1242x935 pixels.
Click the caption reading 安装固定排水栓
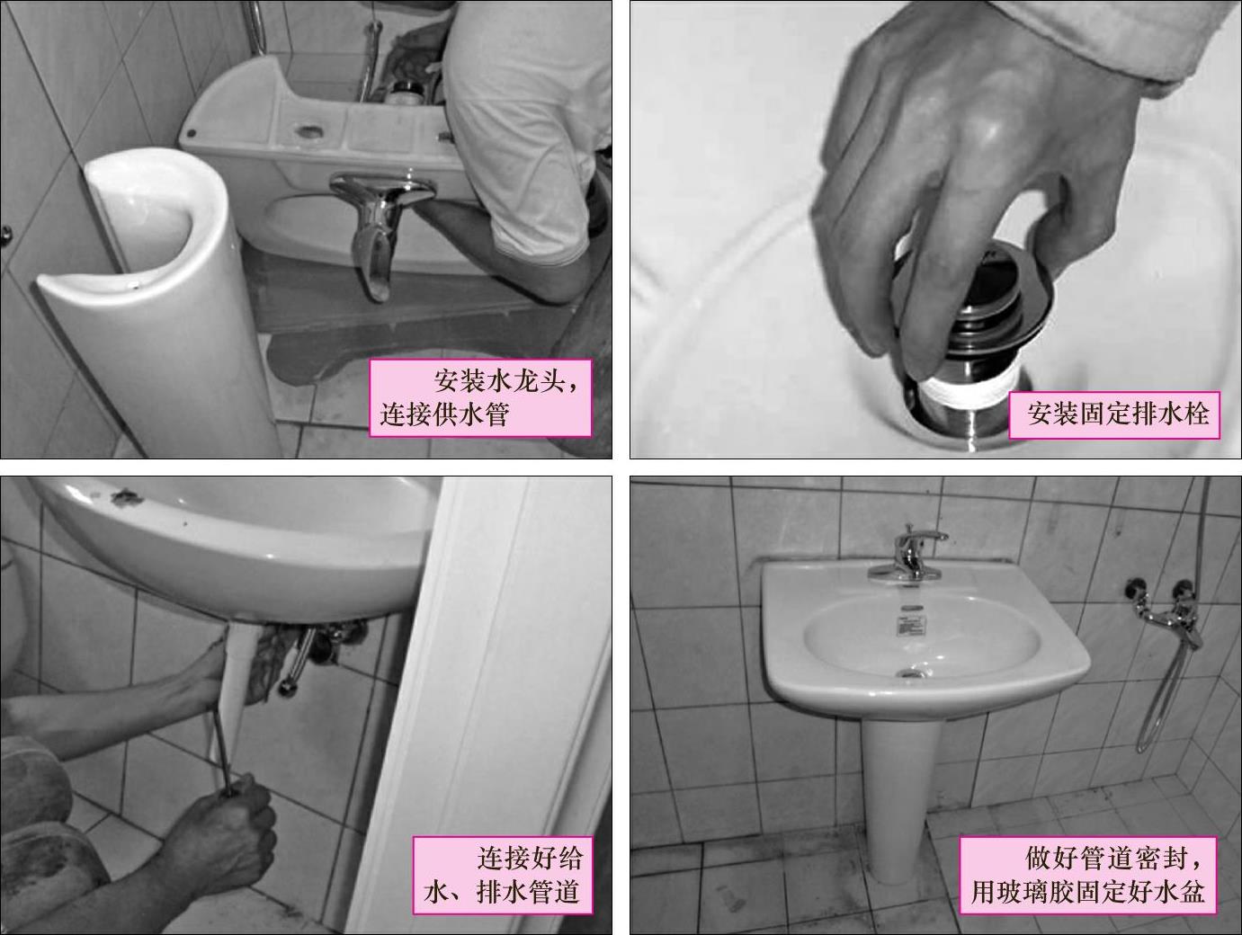pos(1118,414)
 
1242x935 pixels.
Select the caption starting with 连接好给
pos(503,875)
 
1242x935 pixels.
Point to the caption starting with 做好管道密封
pos(1087,875)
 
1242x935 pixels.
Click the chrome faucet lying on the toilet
pos(380,227)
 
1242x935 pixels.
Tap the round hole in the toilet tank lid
pos(308,131)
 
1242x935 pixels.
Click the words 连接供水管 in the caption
pos(444,414)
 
